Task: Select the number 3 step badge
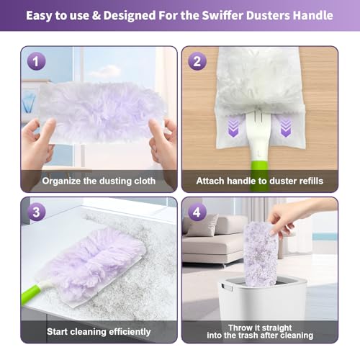(x=37, y=212)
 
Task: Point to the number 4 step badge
(x=197, y=212)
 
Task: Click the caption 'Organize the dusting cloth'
(x=99, y=181)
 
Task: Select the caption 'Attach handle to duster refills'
(x=259, y=181)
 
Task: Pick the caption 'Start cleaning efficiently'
(x=99, y=331)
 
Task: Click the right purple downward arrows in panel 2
(x=285, y=128)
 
